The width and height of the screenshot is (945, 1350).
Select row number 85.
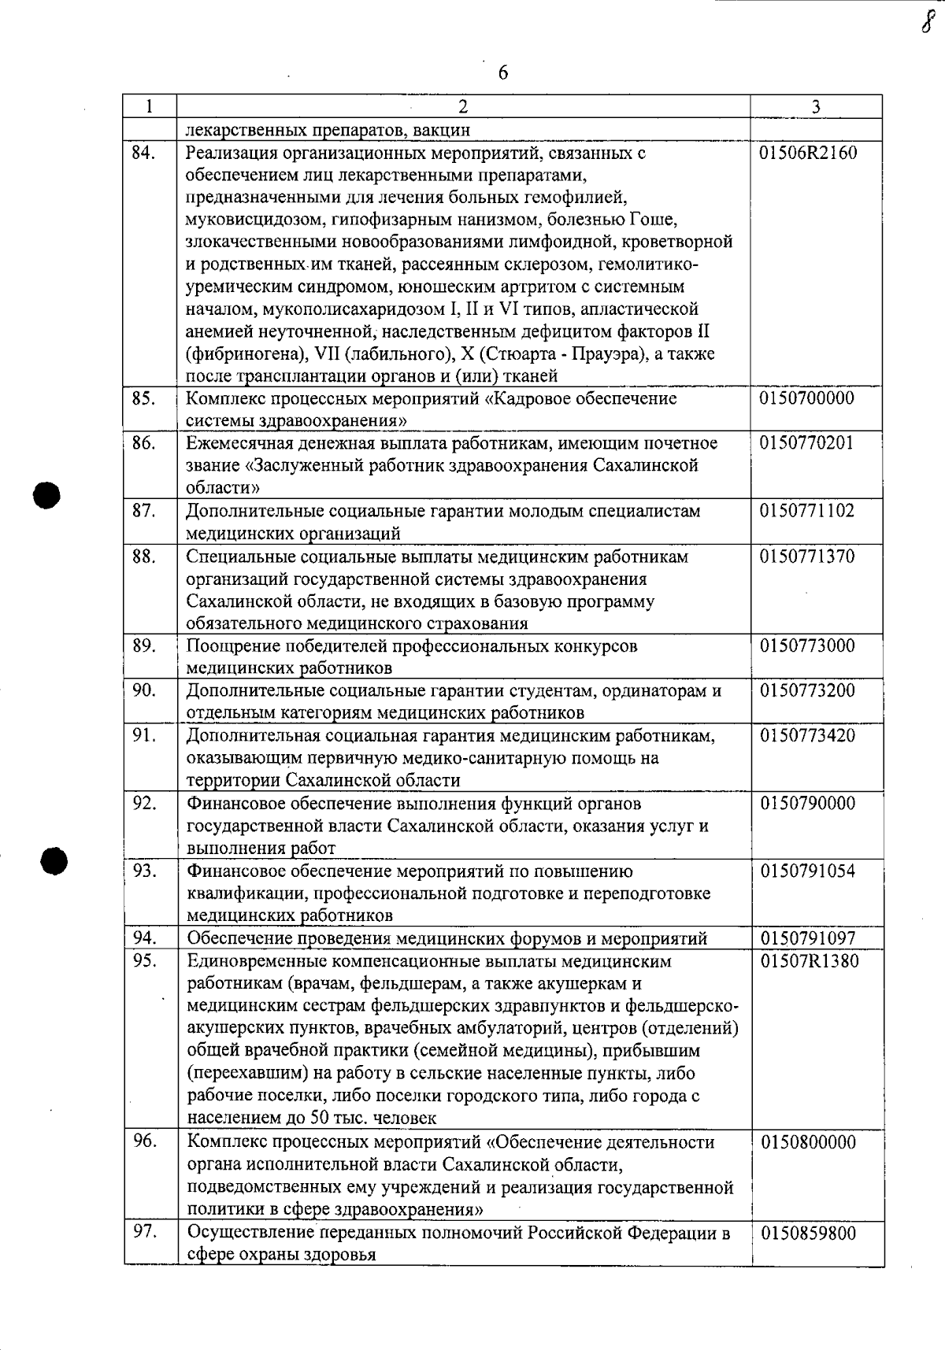143,398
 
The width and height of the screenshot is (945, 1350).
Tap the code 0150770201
806,443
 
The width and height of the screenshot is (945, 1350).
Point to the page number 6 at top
503,73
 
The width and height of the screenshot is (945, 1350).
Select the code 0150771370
806,557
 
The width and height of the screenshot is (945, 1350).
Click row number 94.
143,938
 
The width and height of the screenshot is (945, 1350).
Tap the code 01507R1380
809,961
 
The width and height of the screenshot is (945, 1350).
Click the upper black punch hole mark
47,495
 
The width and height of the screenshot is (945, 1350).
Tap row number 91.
143,735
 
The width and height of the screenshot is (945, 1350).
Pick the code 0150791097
808,938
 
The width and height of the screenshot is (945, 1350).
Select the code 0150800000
808,1142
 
